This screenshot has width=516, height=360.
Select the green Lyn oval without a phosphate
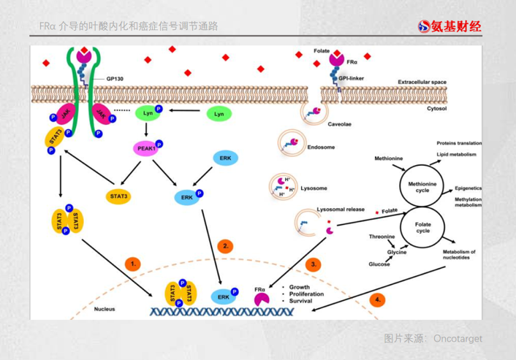click(x=219, y=114)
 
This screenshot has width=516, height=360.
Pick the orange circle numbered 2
click(x=226, y=246)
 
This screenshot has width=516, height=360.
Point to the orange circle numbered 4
click(x=377, y=299)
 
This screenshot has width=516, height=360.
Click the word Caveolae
click(x=339, y=124)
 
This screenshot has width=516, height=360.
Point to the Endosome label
click(x=321, y=147)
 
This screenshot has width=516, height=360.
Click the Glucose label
click(x=379, y=264)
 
